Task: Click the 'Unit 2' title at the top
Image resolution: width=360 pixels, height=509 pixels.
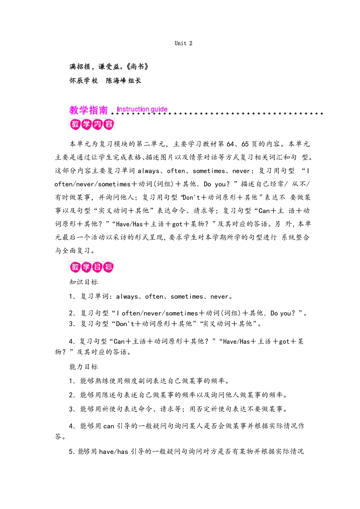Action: point(184,43)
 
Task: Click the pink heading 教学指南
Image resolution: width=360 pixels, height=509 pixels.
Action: point(88,111)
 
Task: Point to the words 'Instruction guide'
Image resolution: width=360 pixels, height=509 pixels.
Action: point(142,109)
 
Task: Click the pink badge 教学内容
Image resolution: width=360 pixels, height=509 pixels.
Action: point(92,124)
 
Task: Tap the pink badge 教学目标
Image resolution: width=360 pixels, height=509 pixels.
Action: point(92,267)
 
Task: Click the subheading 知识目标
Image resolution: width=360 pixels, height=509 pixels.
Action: point(83,282)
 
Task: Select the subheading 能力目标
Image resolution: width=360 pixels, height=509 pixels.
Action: point(83,367)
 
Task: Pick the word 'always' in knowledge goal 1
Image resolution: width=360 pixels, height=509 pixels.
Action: point(127,297)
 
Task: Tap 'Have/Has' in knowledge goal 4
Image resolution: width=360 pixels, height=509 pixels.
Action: point(236,342)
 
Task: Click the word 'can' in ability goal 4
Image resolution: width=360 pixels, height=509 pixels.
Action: point(109,426)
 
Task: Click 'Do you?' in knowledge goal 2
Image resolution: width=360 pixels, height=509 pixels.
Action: point(281,313)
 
